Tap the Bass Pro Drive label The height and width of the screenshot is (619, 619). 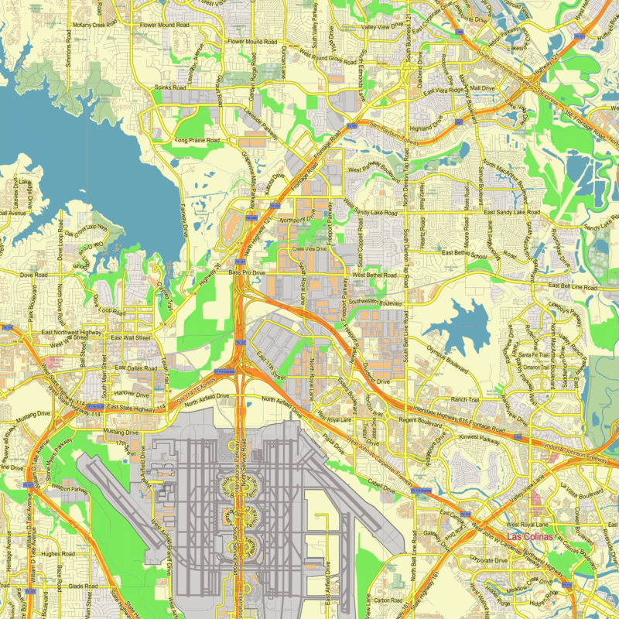click(247, 273)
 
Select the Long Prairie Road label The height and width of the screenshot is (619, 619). click(197, 141)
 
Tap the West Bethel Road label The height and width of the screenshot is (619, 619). click(374, 275)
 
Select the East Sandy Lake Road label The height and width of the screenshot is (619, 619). click(511, 212)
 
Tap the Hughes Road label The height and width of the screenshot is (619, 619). click(57, 554)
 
